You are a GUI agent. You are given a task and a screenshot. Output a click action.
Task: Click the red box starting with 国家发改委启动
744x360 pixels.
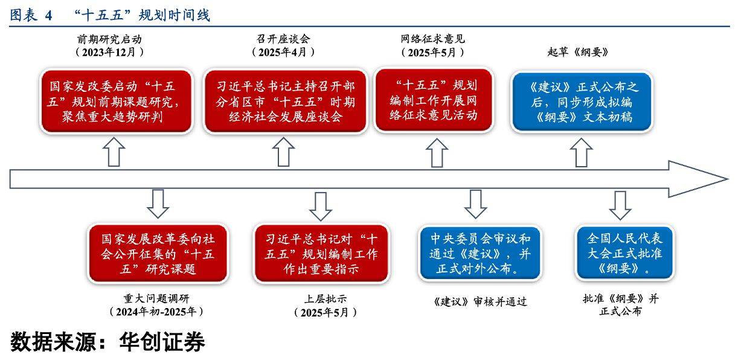click(x=117, y=101)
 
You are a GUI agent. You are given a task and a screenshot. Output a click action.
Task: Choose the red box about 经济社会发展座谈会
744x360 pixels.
click(x=286, y=101)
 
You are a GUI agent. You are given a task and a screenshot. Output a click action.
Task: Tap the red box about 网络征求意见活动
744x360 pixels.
click(x=435, y=100)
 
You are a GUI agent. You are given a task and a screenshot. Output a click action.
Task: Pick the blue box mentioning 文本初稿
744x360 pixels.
click(x=583, y=101)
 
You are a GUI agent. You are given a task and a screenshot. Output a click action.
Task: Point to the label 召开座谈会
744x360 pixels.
click(x=284, y=39)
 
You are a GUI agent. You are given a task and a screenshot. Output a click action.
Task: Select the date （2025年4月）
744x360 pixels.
click(x=284, y=53)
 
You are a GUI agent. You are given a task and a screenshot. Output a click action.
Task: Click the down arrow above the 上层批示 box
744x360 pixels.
click(x=320, y=206)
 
